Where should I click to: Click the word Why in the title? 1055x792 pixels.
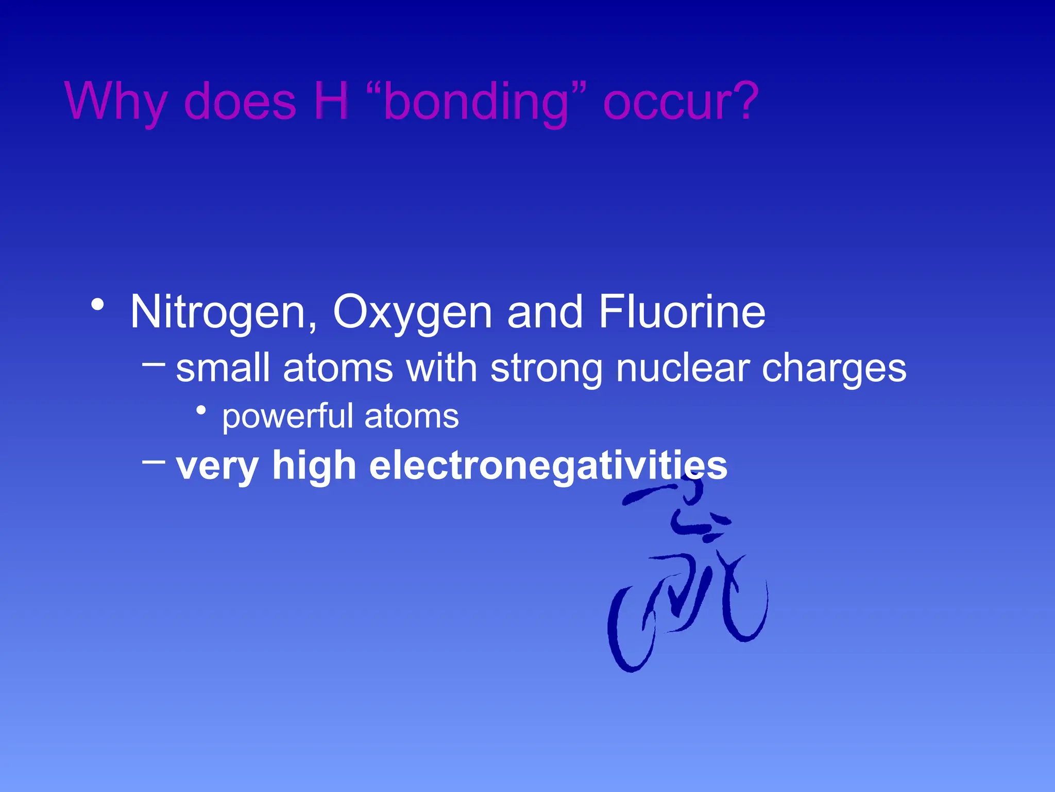pos(116,102)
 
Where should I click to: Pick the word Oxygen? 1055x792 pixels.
pos(413,313)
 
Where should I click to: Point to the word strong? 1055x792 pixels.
pos(547,369)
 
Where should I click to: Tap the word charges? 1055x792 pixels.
pos(834,369)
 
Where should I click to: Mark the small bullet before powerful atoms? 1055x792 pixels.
pos(201,410)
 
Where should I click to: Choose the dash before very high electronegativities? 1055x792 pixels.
pos(154,461)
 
